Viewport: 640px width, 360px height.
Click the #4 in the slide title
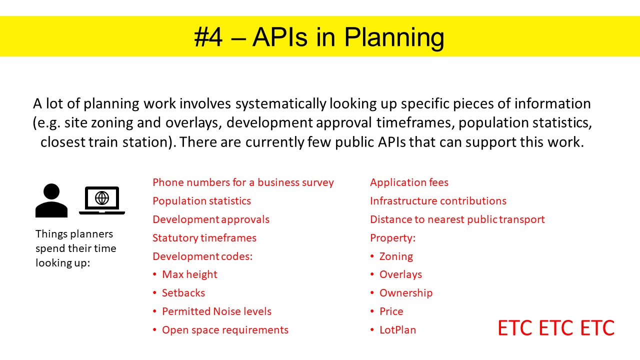pyautogui.click(x=208, y=37)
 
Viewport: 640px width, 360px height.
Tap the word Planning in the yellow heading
pyautogui.click(x=394, y=38)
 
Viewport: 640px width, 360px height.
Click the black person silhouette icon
pyautogui.click(x=51, y=200)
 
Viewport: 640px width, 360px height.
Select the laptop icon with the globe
pyautogui.click(x=102, y=200)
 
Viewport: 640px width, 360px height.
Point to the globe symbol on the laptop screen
pyautogui.click(x=102, y=198)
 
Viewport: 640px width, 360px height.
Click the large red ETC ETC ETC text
pyautogui.click(x=556, y=327)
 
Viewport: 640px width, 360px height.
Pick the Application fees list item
pyautogui.click(x=409, y=182)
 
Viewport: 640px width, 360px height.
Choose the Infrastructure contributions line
pyautogui.click(x=438, y=201)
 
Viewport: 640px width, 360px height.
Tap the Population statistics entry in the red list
pyautogui.click(x=201, y=201)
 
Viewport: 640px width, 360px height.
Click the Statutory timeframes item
pyautogui.click(x=204, y=237)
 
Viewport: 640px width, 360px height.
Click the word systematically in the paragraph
pyautogui.click(x=280, y=103)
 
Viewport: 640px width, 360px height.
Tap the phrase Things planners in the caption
pyautogui.click(x=74, y=234)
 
